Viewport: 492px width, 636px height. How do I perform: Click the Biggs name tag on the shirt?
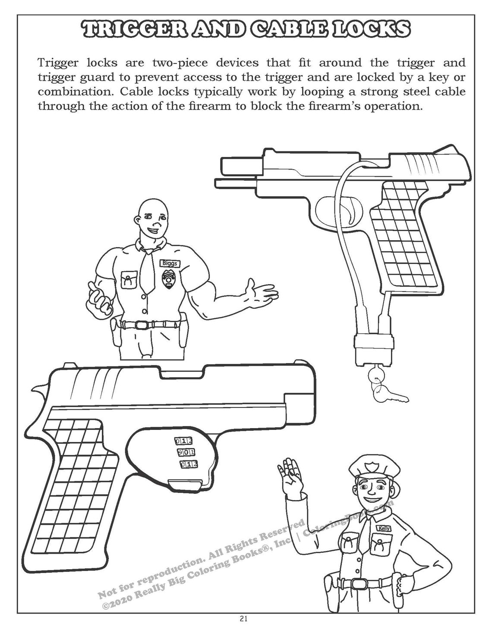[169, 263]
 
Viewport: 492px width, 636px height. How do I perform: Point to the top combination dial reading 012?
[183, 441]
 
